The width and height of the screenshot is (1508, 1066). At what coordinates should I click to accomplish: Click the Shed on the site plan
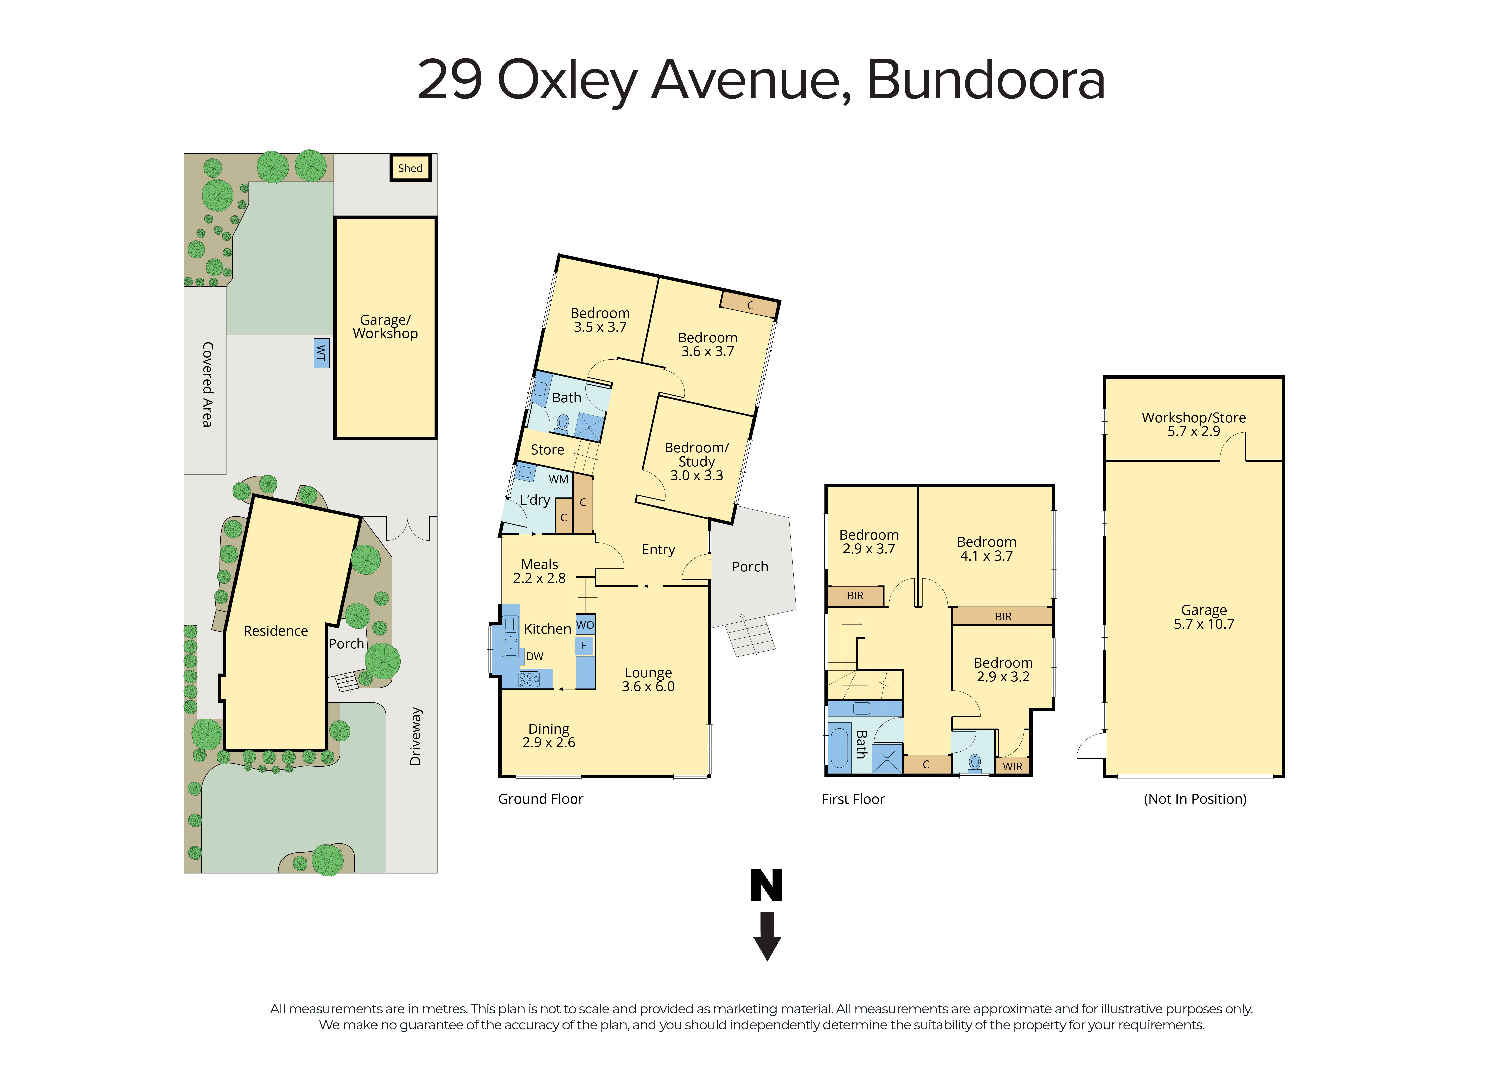pyautogui.click(x=410, y=168)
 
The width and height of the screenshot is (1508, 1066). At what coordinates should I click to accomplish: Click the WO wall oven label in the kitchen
pyautogui.click(x=585, y=625)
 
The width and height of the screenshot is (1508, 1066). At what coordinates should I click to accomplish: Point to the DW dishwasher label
pyautogui.click(x=535, y=656)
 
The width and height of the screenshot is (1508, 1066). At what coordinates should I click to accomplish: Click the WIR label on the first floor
pyautogui.click(x=1012, y=766)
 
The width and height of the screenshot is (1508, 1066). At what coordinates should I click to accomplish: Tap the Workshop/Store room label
pyautogui.click(x=1193, y=418)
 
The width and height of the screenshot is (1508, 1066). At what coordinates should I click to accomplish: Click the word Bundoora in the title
pyautogui.click(x=985, y=80)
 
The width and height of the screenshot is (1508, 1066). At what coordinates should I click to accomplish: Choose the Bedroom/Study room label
pyautogui.click(x=696, y=454)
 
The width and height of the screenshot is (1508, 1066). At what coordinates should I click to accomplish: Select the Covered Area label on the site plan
pyautogui.click(x=207, y=384)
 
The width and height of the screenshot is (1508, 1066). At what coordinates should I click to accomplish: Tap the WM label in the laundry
pyautogui.click(x=558, y=479)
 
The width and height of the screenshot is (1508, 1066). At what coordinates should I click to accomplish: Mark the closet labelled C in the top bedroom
pyautogui.click(x=749, y=305)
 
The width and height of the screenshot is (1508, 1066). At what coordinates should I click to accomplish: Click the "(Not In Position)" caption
pyautogui.click(x=1195, y=799)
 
